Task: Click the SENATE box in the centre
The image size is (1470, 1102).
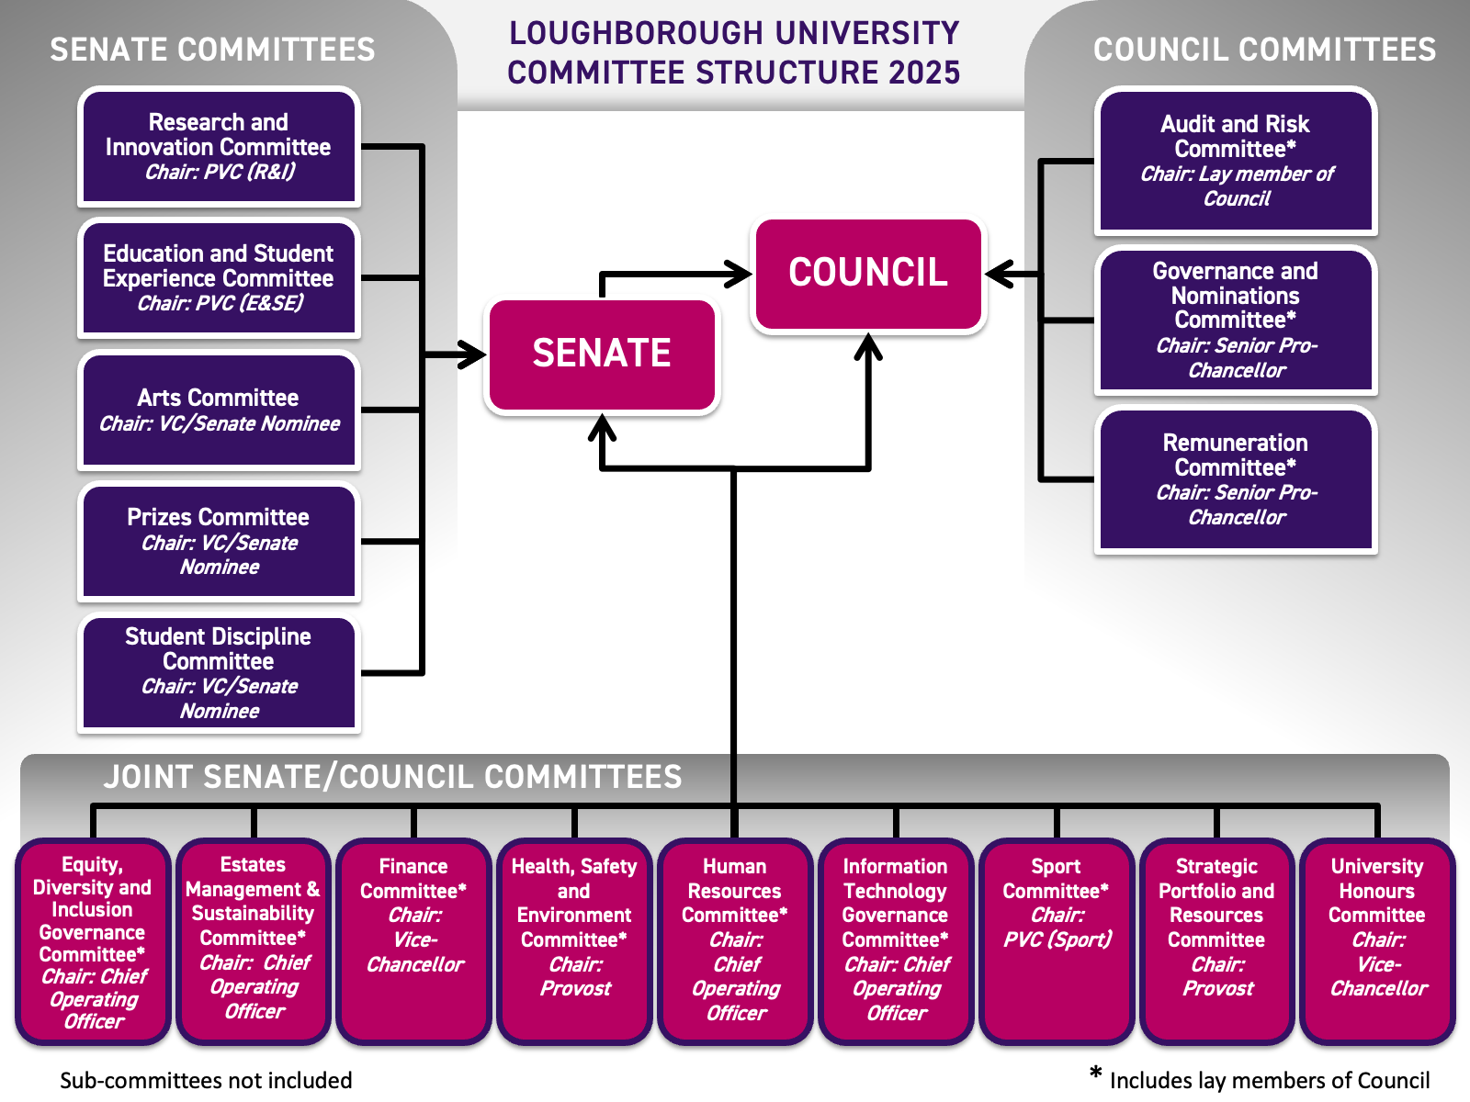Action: pyautogui.click(x=602, y=354)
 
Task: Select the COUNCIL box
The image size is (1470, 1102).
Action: pyautogui.click(x=868, y=274)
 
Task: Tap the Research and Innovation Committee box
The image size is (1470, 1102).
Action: pyautogui.click(x=219, y=147)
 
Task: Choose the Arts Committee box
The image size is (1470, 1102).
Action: pyautogui.click(x=219, y=410)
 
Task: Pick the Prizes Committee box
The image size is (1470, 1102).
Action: pyautogui.click(x=219, y=542)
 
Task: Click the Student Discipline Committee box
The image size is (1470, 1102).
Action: pyautogui.click(x=219, y=673)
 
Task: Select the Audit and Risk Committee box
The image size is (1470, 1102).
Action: pyautogui.click(x=1236, y=161)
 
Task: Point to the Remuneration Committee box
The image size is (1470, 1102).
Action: pyautogui.click(x=1236, y=479)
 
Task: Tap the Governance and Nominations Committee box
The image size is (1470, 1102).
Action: pyautogui.click(x=1236, y=320)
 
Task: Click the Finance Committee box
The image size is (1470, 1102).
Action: pyautogui.click(x=413, y=941)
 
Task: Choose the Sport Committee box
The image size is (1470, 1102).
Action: pyautogui.click(x=1057, y=941)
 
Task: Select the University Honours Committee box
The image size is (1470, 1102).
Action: pyautogui.click(x=1377, y=941)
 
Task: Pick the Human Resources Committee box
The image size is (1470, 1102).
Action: pyautogui.click(x=735, y=941)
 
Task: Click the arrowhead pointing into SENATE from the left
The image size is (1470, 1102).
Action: pyautogui.click(x=474, y=354)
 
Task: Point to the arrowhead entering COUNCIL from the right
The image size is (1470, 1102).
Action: pyautogui.click(x=998, y=274)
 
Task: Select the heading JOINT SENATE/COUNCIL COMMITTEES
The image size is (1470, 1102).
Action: pyautogui.click(x=392, y=777)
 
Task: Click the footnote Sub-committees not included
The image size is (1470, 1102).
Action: pyautogui.click(x=206, y=1080)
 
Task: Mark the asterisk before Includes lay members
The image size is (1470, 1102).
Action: pyautogui.click(x=1095, y=1073)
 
